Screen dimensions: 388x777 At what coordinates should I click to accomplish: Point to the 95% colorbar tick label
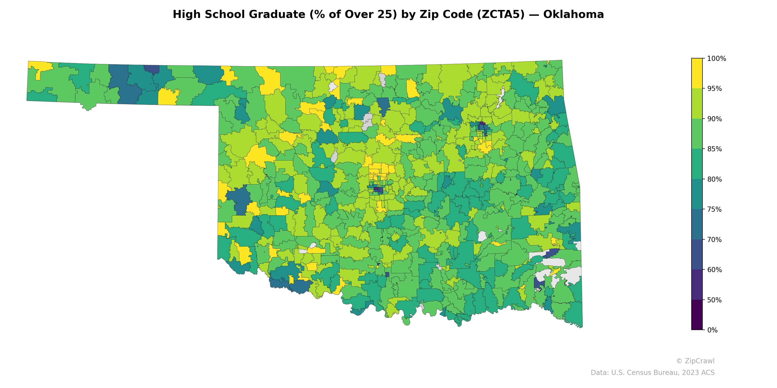(x=714, y=89)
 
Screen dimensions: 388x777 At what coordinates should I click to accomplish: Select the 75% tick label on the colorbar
(x=714, y=209)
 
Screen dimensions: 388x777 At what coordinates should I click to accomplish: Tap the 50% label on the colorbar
(x=714, y=300)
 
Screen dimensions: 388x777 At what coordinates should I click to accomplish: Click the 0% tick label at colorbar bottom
(x=712, y=330)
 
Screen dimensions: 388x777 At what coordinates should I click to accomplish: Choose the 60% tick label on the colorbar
(x=714, y=270)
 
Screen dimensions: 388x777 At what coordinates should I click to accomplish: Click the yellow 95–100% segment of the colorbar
(x=697, y=73)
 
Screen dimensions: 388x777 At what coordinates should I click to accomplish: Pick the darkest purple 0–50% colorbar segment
(x=697, y=315)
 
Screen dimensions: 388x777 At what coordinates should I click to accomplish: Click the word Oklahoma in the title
(x=573, y=15)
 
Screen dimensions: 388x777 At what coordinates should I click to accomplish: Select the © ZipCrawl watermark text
(x=695, y=361)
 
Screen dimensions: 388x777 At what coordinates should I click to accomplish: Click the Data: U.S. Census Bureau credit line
(x=652, y=373)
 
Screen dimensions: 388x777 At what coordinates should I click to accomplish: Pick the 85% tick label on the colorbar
(x=714, y=149)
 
